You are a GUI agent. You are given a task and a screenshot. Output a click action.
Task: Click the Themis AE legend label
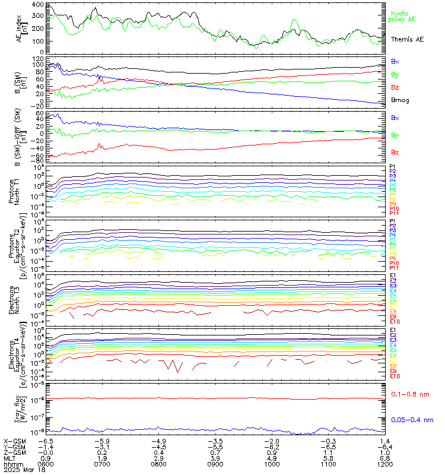pos(407,39)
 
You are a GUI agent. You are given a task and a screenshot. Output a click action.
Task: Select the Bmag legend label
pos(399,100)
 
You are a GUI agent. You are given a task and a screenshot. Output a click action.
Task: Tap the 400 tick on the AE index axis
pos(37,5)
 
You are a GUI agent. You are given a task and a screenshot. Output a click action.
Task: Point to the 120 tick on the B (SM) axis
pos(37,59)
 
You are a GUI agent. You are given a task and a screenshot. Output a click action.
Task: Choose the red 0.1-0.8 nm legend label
pos(411,394)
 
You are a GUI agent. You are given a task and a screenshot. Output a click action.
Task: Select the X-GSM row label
pos(13,441)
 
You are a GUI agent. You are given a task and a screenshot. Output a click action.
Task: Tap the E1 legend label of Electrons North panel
pos(393,275)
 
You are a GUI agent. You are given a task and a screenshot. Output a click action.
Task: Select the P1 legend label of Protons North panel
pos(392,167)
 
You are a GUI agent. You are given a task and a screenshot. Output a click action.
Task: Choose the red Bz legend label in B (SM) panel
pos(395,87)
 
